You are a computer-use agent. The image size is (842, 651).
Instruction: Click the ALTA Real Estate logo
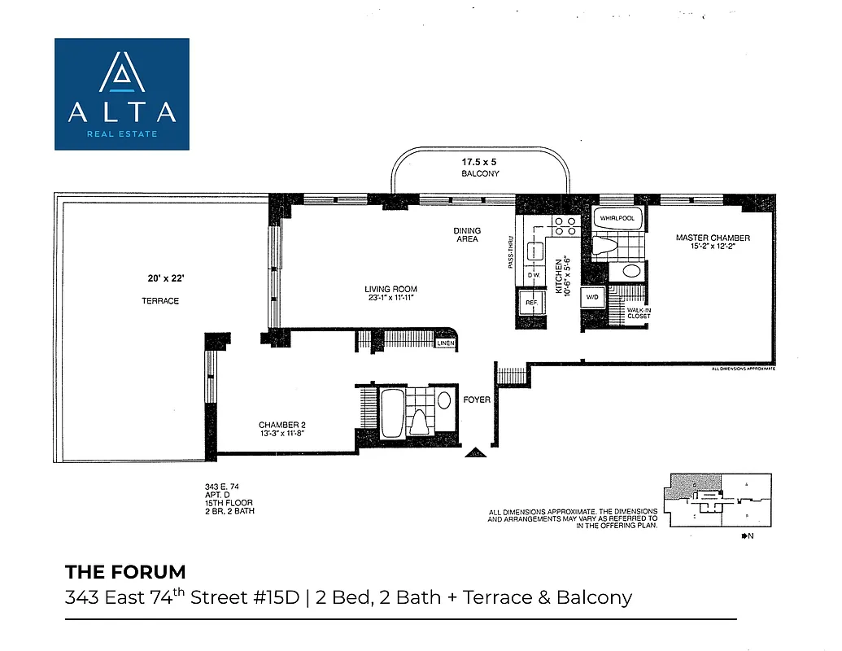pyautogui.click(x=122, y=94)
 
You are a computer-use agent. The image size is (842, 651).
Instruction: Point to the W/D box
pyautogui.click(x=591, y=299)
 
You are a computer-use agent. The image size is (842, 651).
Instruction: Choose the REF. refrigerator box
pyautogui.click(x=532, y=303)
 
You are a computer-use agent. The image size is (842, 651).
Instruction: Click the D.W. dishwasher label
pyautogui.click(x=534, y=275)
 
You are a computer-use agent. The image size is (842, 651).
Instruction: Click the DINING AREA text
pyautogui.click(x=467, y=234)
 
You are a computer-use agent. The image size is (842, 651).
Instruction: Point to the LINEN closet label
pyautogui.click(x=445, y=343)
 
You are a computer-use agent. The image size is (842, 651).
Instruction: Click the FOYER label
pyautogui.click(x=476, y=400)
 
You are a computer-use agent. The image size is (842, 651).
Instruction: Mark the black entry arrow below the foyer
pyautogui.click(x=475, y=452)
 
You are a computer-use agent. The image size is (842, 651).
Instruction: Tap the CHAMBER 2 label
pyautogui.click(x=281, y=425)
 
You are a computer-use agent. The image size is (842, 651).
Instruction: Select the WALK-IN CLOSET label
pyautogui.click(x=639, y=313)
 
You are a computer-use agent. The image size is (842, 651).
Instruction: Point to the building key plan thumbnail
pyautogui.click(x=717, y=499)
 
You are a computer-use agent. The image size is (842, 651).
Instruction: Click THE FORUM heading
pyautogui.click(x=125, y=571)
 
